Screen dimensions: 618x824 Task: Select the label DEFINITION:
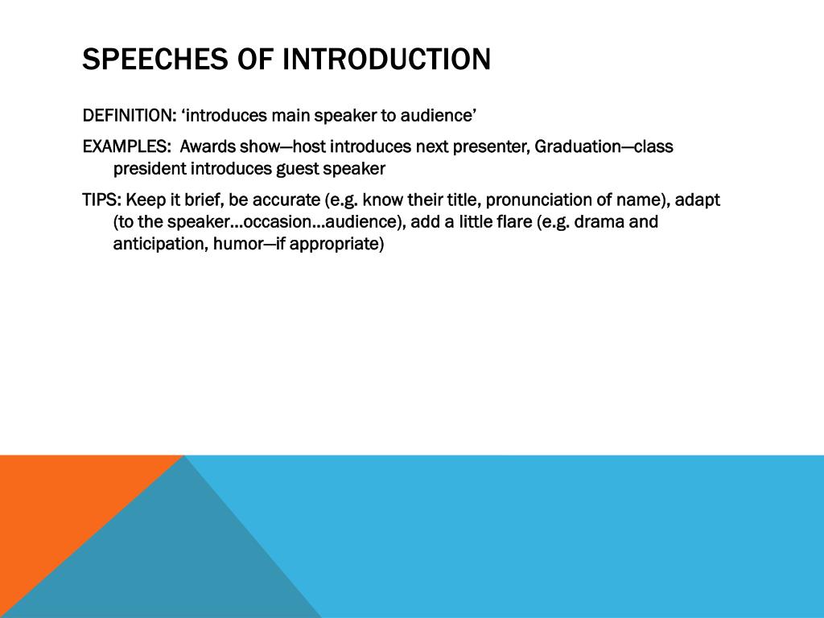pos(130,116)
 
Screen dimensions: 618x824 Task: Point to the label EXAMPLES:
pos(126,147)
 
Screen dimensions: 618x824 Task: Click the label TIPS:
pos(101,200)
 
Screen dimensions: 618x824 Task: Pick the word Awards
pos(208,147)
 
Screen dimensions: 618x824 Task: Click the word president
pos(150,169)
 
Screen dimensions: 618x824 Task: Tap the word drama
pos(599,222)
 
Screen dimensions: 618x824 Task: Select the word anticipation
pos(159,244)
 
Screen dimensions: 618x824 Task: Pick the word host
pos(310,147)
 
